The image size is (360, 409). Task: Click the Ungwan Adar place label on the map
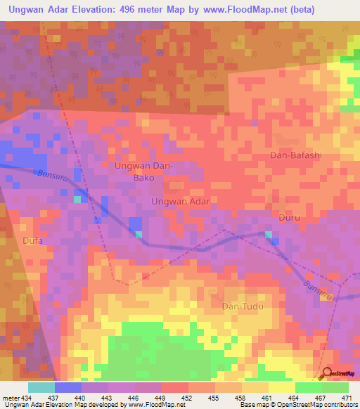coord(181,201)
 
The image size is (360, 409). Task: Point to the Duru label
coord(289,218)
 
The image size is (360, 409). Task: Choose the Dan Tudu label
coord(241,306)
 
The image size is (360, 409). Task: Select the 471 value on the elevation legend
coord(347,398)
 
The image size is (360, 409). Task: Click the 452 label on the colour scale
coord(188,398)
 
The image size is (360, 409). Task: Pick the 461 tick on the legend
coord(268,398)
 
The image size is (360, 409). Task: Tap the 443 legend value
coord(108,398)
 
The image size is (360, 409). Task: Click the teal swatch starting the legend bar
coord(41,387)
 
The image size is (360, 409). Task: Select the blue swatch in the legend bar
coord(68,387)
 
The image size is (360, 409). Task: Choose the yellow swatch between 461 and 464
coord(281,387)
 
